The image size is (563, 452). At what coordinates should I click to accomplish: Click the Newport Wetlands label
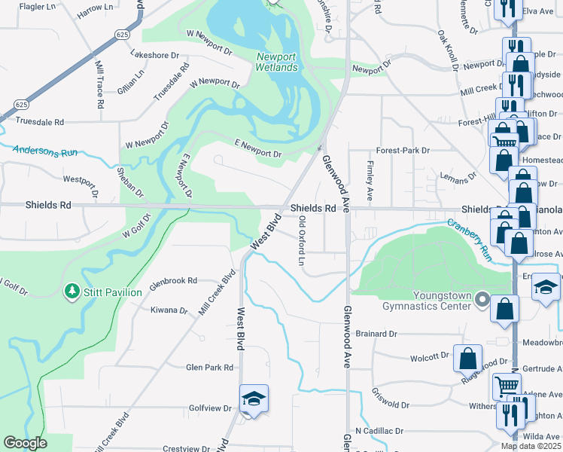(x=277, y=62)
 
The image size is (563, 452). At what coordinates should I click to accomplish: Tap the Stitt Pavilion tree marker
(x=72, y=291)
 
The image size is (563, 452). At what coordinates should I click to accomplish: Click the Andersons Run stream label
(x=45, y=151)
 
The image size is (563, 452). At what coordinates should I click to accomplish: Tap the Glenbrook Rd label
(x=173, y=279)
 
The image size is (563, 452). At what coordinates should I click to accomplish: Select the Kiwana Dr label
(x=169, y=310)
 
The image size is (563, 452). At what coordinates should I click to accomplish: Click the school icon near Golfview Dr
(x=254, y=399)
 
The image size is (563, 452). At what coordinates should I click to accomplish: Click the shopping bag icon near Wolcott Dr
(x=467, y=358)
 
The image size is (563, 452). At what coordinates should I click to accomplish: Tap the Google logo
(x=25, y=443)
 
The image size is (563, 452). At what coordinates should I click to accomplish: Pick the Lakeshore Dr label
(x=154, y=55)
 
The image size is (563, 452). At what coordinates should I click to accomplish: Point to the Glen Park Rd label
(x=210, y=368)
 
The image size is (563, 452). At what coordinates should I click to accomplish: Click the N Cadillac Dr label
(x=379, y=432)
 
